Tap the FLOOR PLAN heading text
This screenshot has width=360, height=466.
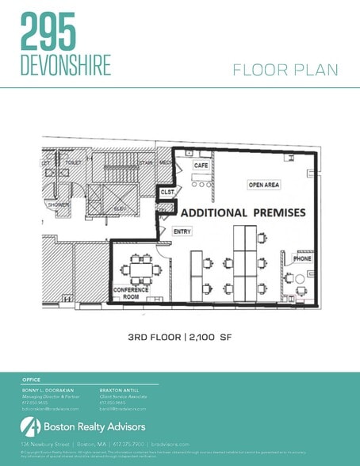[285, 71]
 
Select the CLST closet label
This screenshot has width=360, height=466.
[167, 191]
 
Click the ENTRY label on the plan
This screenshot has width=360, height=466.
[182, 231]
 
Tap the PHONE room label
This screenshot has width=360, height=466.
[302, 258]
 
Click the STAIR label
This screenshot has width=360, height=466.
[145, 162]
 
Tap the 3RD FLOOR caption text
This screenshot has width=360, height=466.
[154, 337]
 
